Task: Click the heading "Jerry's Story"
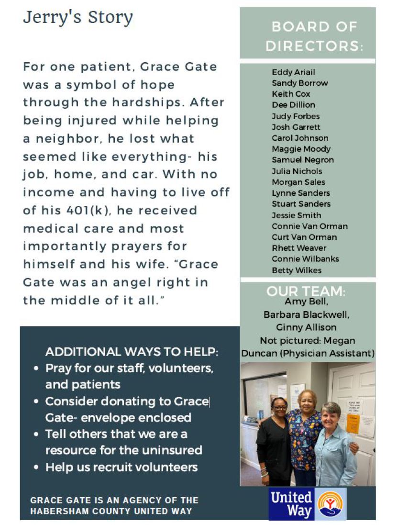pyautogui.click(x=78, y=18)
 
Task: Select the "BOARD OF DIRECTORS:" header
pyautogui.click(x=314, y=36)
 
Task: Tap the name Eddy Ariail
pyautogui.click(x=293, y=72)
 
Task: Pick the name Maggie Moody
pyautogui.click(x=301, y=149)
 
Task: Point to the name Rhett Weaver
pyautogui.click(x=299, y=248)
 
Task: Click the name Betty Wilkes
pyautogui.click(x=297, y=270)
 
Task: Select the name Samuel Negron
pyautogui.click(x=303, y=160)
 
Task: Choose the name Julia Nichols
pyautogui.click(x=297, y=171)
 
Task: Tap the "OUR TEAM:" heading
pyautogui.click(x=306, y=291)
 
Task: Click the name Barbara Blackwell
pyautogui.click(x=306, y=315)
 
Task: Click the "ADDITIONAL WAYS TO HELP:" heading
pyautogui.click(x=132, y=352)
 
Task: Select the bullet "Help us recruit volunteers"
pyautogui.click(x=121, y=467)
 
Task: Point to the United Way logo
pyautogui.click(x=307, y=504)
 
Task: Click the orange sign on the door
pyautogui.click(x=353, y=423)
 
